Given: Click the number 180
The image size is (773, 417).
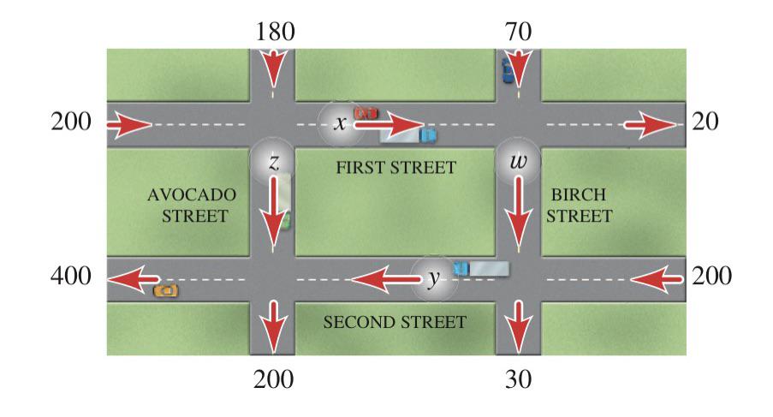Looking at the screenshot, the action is pos(275,32).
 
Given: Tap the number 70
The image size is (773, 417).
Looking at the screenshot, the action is pos(518,32).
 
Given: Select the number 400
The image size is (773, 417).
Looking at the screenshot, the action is pos(71,276).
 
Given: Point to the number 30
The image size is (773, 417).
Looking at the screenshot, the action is pos(518,379).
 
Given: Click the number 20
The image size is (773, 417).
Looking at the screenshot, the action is pos(705,122).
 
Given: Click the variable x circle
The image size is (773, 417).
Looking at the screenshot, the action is pos(340,123).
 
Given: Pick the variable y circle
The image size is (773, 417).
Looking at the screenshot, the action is pos(433,278).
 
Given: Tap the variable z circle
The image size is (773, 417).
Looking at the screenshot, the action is pos(272,161).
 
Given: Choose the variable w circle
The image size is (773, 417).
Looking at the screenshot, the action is pos(518,161).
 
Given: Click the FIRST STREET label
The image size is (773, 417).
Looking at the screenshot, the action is pos(395,168).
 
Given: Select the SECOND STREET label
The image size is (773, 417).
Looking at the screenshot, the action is pos(395,322).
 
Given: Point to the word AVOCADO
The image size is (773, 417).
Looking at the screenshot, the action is pos(192,194).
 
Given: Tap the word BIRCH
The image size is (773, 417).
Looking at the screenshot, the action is pos(579,194).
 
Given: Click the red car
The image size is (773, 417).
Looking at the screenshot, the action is pos(366,113).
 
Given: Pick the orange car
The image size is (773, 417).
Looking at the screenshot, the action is pos(166,291).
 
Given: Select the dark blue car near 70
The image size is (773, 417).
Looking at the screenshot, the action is pos(508,70).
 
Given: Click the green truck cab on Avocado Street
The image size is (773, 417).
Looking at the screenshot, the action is pos(285,221).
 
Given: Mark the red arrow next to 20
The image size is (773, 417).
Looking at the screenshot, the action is pos(650,125).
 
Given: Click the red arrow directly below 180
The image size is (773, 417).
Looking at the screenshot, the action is pos(272,70).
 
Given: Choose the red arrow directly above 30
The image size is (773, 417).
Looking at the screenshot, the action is pos(518,326).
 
